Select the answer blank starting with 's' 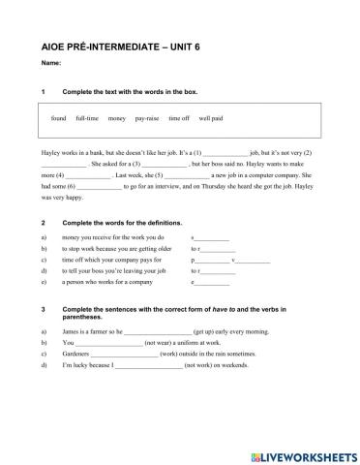tap(213, 237)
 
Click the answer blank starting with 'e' tap(213, 284)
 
